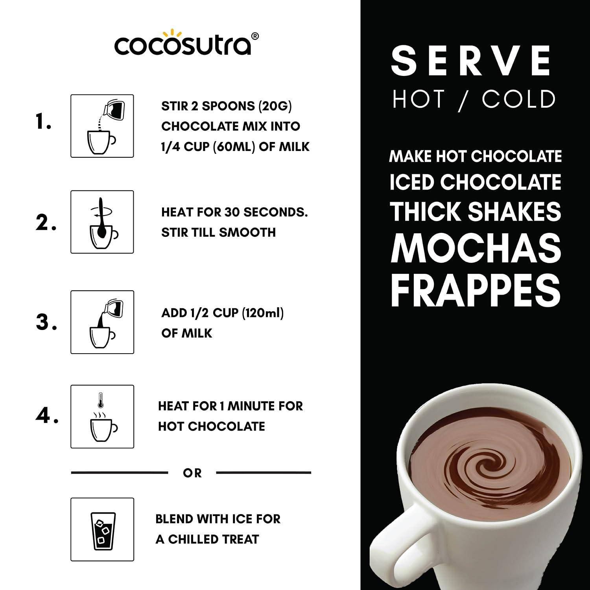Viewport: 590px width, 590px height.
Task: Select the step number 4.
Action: [x=47, y=416]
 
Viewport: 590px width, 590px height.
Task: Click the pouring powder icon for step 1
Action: [x=102, y=126]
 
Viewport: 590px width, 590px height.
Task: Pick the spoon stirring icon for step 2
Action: [x=102, y=222]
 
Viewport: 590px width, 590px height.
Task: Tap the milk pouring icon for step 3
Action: [x=102, y=322]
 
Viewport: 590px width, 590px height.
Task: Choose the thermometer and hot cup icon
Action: [x=102, y=417]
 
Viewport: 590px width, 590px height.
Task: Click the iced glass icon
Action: [x=102, y=529]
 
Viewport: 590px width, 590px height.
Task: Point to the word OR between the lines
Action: [x=192, y=473]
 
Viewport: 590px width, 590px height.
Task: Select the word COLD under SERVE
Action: [x=518, y=99]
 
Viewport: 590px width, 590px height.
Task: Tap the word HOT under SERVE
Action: [x=419, y=99]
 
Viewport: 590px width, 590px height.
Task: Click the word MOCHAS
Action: [x=476, y=249]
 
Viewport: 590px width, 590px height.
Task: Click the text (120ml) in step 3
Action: [x=262, y=313]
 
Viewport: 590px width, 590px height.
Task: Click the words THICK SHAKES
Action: [x=476, y=212]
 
